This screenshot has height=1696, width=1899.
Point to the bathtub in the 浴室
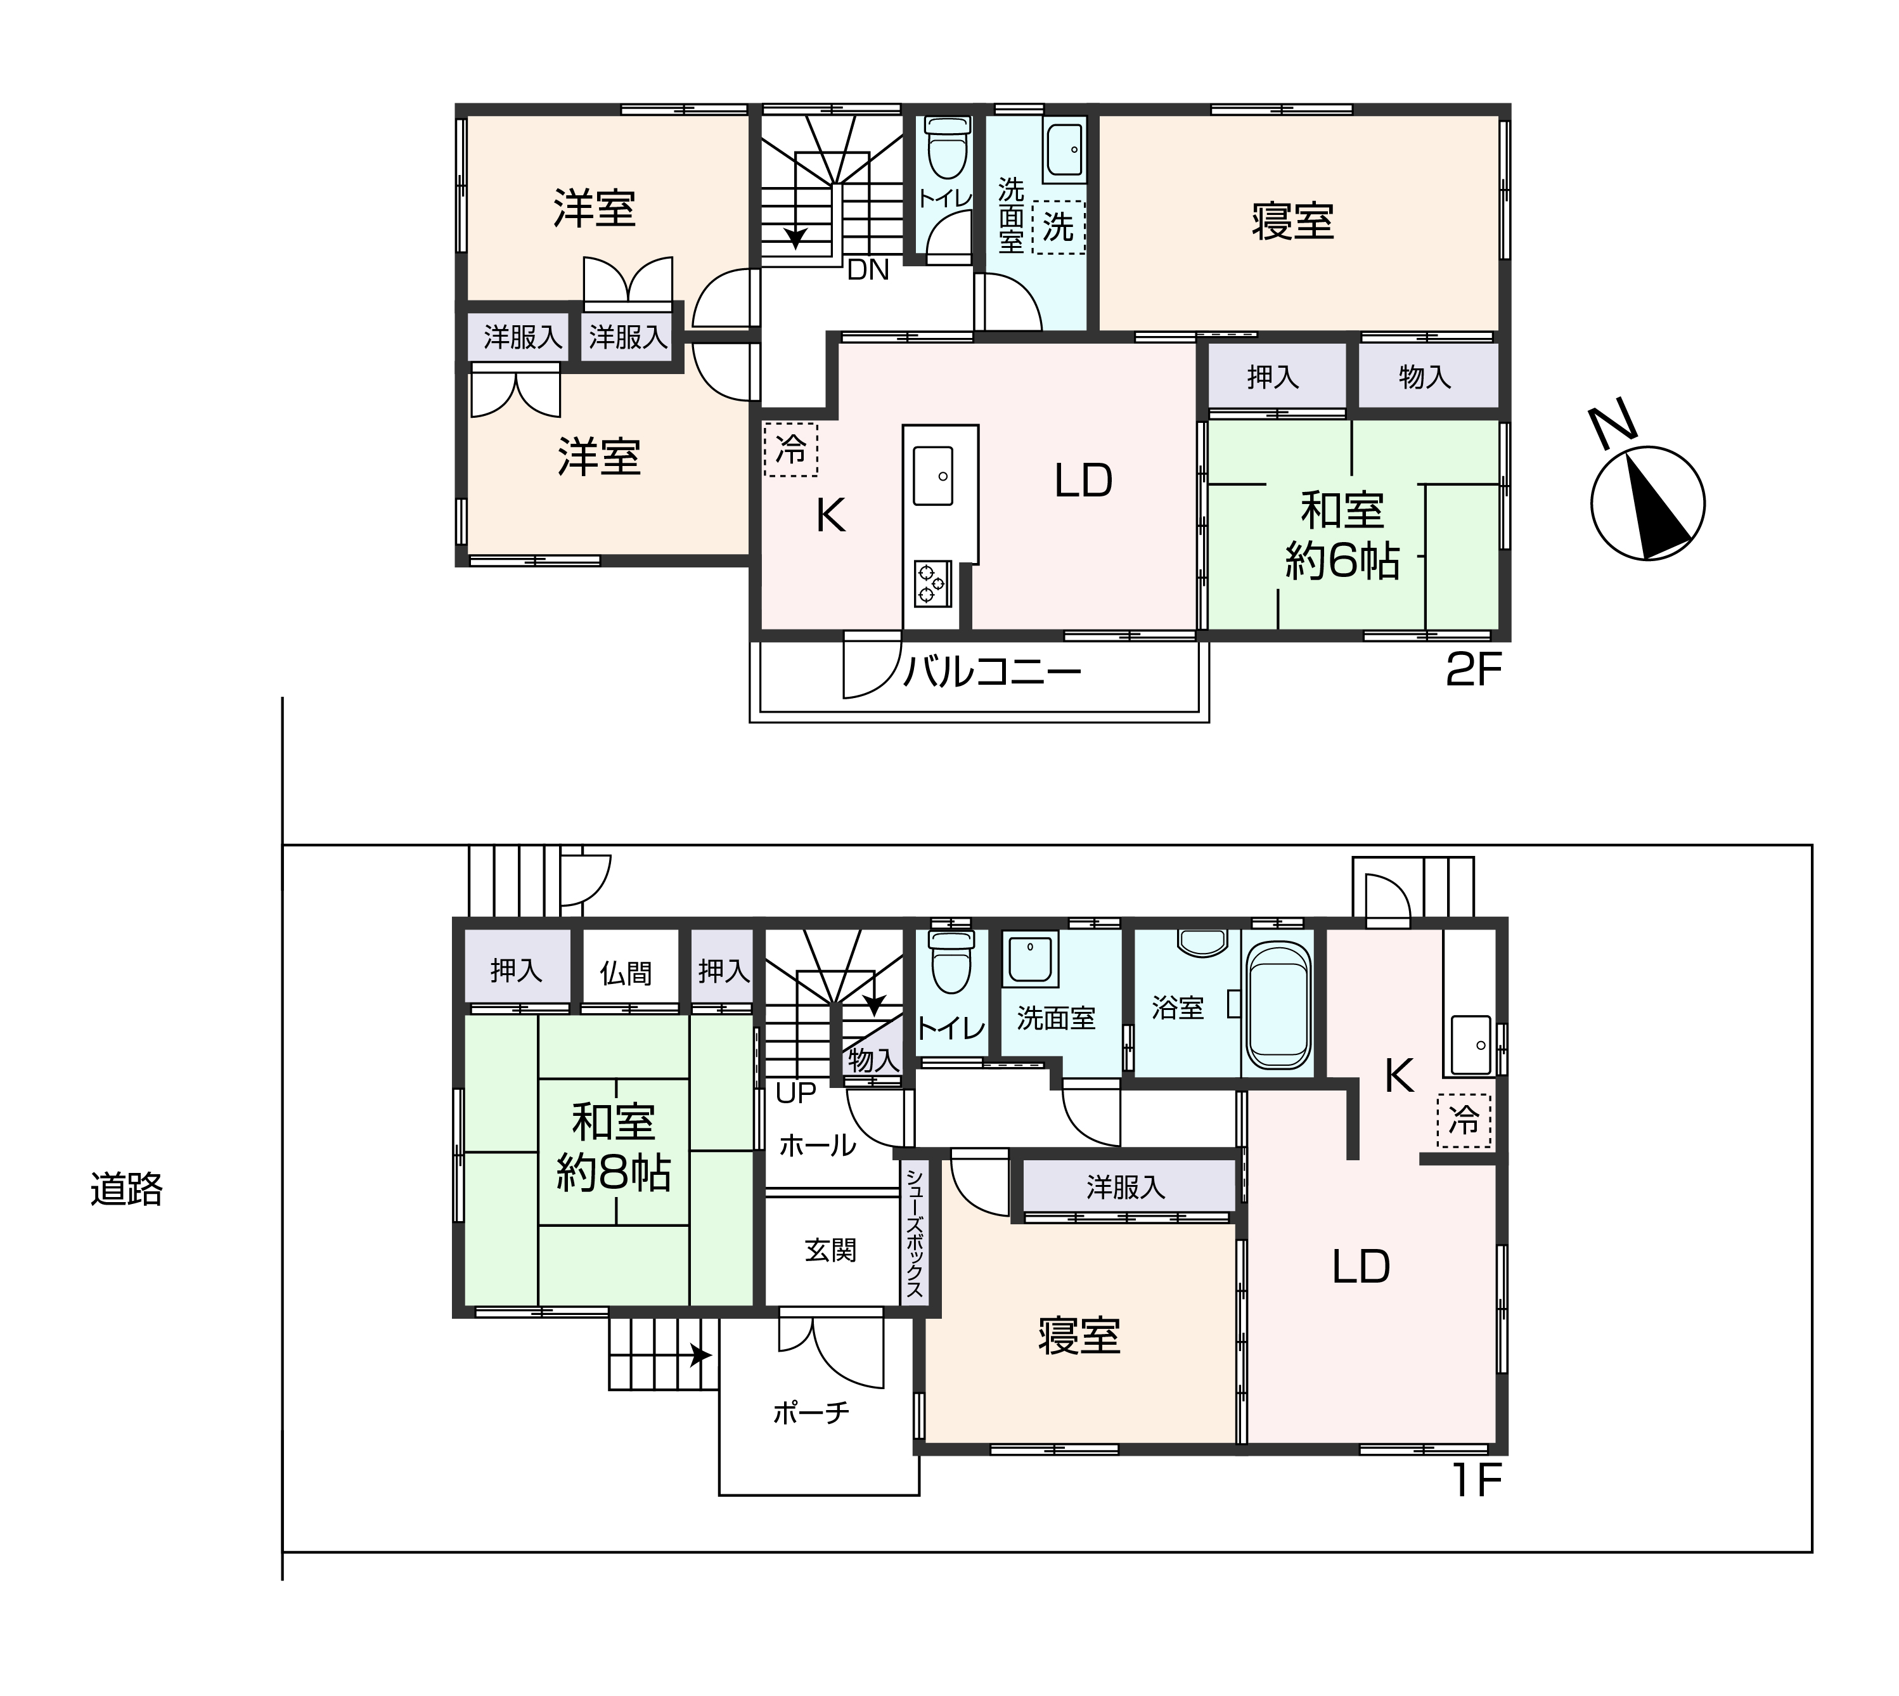pos(1278,1004)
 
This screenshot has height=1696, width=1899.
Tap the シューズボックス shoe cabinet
pos(914,1232)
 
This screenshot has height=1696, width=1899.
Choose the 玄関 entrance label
pos(830,1250)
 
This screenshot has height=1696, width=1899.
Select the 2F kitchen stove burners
pos(931,583)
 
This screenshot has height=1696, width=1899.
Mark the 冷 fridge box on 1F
pos(1464,1120)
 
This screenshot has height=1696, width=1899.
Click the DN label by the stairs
pos(868,270)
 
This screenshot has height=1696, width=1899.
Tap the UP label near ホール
pos(795,1093)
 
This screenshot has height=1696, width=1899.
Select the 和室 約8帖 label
pos(613,1148)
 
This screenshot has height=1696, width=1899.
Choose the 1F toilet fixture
pos(950,962)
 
